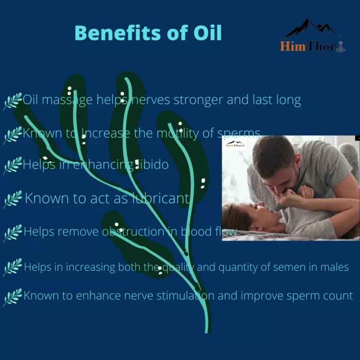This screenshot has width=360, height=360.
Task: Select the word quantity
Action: coord(238,267)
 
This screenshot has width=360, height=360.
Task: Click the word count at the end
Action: coord(339,296)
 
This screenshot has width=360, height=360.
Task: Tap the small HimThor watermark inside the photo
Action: coord(234,145)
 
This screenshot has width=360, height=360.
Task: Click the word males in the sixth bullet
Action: coord(336,267)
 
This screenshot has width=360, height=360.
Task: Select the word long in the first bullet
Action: coord(288,99)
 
